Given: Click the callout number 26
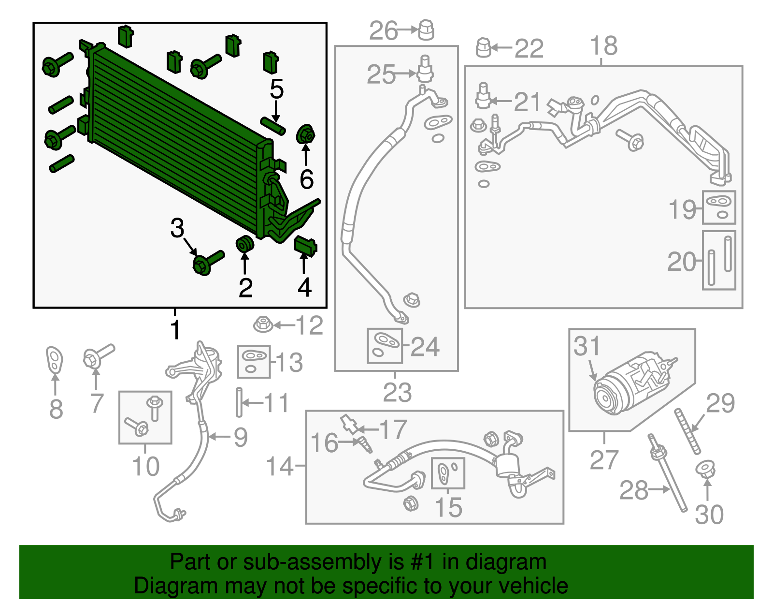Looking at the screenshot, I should (x=384, y=31).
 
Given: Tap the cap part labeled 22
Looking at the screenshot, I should (x=484, y=47).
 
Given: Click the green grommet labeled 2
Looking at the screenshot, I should (x=244, y=244).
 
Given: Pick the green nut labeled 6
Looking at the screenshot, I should (x=305, y=134).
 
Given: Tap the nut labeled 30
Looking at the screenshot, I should (x=706, y=470).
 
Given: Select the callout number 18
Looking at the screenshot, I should (x=603, y=46).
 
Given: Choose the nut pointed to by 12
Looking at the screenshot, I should (x=263, y=324).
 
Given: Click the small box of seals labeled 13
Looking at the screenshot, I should (x=254, y=362).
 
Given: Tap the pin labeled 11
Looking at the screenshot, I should (x=239, y=402).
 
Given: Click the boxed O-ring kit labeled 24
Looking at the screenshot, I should (x=385, y=346).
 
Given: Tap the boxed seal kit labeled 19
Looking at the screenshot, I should (x=719, y=207).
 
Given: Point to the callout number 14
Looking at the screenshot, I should (x=280, y=466).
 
